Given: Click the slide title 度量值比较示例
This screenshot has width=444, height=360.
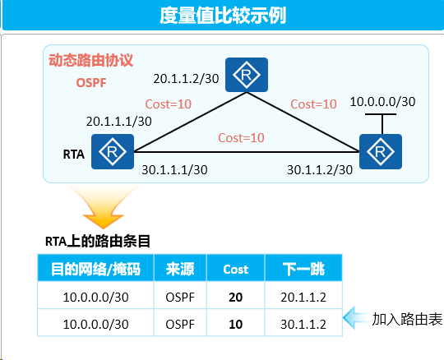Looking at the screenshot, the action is point(223,15).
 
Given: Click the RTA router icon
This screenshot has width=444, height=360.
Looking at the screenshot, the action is point(113,152).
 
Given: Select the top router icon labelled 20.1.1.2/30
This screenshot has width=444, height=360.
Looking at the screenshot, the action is point(247,75).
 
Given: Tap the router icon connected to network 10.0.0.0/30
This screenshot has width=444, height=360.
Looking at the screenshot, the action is point(381,152).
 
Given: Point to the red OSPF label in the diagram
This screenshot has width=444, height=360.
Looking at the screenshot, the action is point(91,83).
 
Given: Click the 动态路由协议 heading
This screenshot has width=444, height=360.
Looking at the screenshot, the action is point(90,60).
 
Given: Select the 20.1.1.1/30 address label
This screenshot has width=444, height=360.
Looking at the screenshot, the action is point(119,122).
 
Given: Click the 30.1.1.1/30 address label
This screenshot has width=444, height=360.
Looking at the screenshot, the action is point(174,170).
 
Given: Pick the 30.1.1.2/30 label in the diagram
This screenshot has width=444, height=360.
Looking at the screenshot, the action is point(320,170).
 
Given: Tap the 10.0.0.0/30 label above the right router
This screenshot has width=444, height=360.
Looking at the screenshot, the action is point(382,102).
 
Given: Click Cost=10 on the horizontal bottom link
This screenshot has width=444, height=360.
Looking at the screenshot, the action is point(241,138).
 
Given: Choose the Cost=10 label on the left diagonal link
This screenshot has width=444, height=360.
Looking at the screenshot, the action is point(169,104).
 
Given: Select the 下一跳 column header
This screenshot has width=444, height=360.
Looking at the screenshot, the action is point(303,269).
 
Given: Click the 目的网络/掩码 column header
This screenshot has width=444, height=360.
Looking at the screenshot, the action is point(95,269).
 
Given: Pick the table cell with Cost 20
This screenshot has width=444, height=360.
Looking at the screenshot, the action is point(236,298).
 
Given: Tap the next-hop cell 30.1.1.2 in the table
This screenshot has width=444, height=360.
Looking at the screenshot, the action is point(303,325).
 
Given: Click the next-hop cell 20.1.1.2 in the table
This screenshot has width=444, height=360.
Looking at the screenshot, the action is point(303,298).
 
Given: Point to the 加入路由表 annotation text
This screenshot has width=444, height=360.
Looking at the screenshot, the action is point(407,319).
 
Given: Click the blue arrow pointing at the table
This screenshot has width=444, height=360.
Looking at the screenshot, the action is point(358,318).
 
